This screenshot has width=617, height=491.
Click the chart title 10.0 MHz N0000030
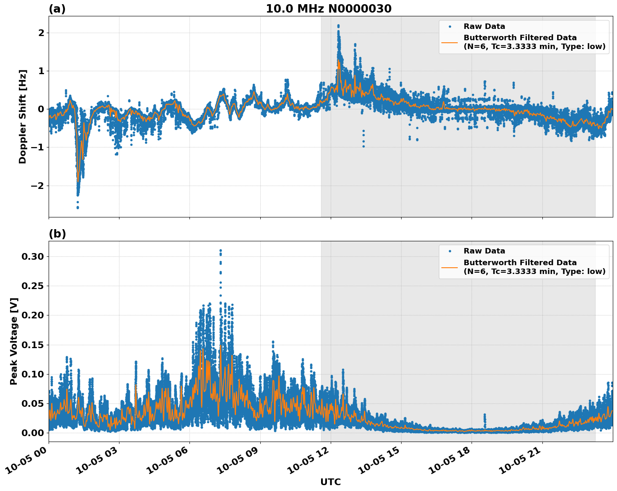[x=329, y=9]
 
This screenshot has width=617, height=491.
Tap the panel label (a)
[x=57, y=9]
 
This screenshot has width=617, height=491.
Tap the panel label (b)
[x=57, y=234]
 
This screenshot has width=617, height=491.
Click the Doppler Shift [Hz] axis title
[x=23, y=116]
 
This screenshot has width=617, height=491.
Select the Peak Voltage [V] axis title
[x=14, y=341]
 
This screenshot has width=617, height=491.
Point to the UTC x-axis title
[x=330, y=482]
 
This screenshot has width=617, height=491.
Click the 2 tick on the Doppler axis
[x=41, y=33]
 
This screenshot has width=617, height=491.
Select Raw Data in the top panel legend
[x=484, y=26]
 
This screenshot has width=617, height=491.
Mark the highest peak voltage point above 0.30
[x=220, y=251]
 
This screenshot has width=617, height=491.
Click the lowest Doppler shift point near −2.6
[x=78, y=207]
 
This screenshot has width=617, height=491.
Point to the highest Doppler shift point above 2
[x=338, y=26]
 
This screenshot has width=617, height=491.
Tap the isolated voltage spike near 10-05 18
[x=485, y=415]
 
